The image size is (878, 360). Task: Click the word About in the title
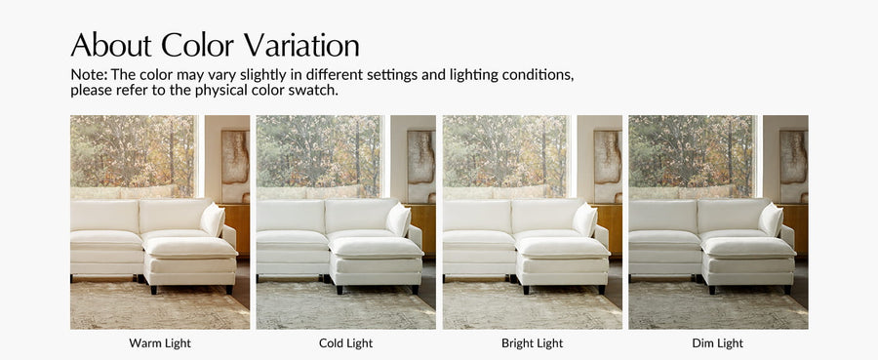coord(111,45)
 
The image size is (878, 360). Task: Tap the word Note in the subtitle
coord(89,75)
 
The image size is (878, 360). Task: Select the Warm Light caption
coord(160,343)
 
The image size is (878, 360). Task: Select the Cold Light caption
coord(346,343)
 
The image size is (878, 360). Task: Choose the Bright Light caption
coord(533,343)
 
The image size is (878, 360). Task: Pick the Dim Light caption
coord(718,343)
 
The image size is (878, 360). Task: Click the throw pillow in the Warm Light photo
coord(213,220)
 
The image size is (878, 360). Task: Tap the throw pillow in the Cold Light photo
coord(399,220)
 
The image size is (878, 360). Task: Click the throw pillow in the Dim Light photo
coord(771,220)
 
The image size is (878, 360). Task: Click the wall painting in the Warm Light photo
coord(235,166)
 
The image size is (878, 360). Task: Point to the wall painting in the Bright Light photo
coord(608,166)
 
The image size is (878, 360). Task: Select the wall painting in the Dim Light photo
coord(794,166)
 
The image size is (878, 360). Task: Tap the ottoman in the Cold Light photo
coord(376,263)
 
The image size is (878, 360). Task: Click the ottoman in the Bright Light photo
coord(562,263)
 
